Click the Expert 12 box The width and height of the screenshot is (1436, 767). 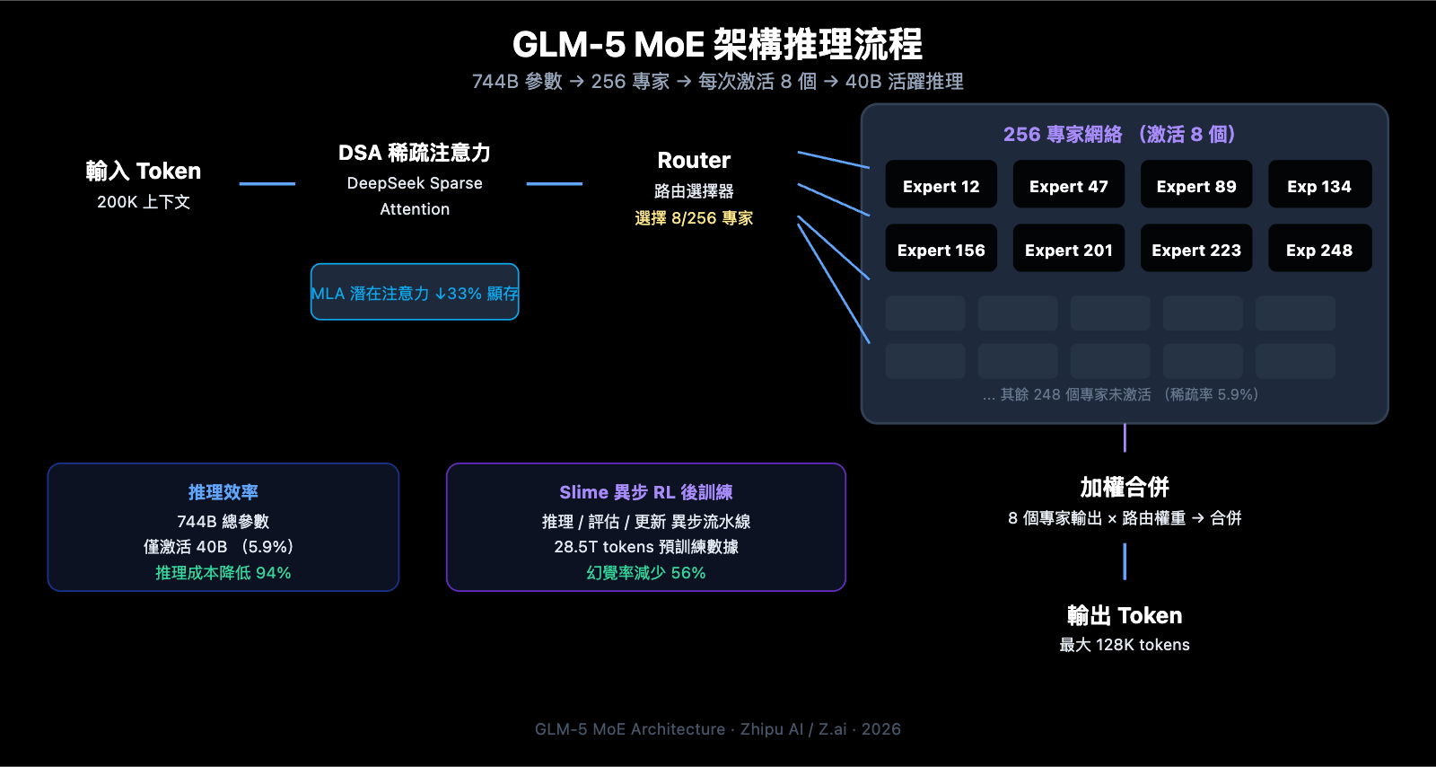(941, 185)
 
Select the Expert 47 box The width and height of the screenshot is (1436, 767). (1068, 185)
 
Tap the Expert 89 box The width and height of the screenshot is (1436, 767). (1195, 185)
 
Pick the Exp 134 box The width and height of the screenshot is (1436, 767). (1318, 185)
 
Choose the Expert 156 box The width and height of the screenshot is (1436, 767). (941, 249)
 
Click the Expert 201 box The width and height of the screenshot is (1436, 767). (1068, 249)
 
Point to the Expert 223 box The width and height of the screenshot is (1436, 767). (1195, 249)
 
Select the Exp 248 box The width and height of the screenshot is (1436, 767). (1318, 249)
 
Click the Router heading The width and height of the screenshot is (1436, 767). (694, 161)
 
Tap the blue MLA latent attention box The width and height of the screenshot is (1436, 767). (415, 292)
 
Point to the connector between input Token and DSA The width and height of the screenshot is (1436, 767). (267, 184)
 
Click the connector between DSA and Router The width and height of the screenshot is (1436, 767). (554, 184)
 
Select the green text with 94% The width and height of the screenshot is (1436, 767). (223, 573)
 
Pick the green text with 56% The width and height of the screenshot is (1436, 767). (646, 573)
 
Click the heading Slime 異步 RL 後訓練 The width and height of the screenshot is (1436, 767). (646, 492)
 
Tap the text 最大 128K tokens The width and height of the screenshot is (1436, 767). (1124, 645)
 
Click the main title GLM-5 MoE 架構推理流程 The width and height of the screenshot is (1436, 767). (717, 44)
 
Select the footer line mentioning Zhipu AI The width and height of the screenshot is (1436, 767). (717, 729)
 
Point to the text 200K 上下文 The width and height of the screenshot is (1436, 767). (144, 202)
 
